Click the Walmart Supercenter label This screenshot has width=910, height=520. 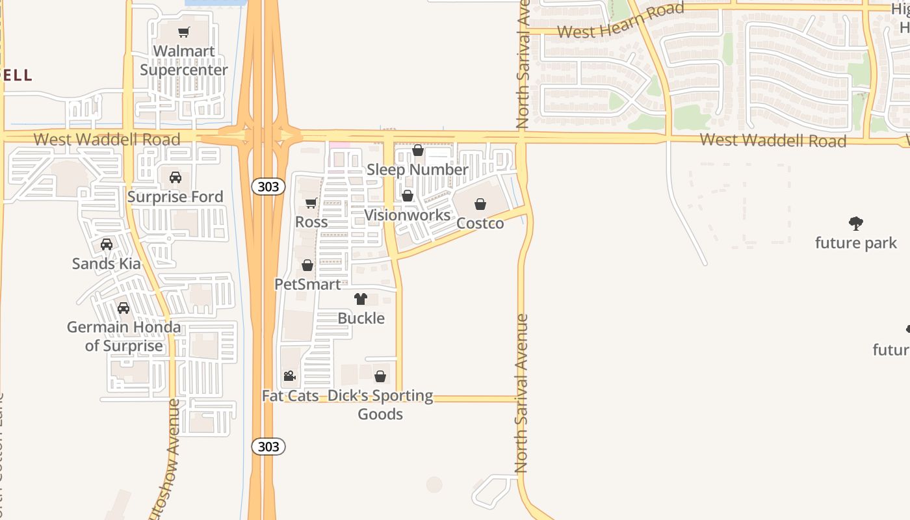pyautogui.click(x=184, y=60)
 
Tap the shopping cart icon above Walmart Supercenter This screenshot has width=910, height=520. pyautogui.click(x=184, y=32)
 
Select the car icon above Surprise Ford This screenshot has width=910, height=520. pyautogui.click(x=175, y=177)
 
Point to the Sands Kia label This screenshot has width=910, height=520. pyautogui.click(x=107, y=263)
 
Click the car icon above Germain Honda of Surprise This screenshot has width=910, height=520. pyautogui.click(x=123, y=308)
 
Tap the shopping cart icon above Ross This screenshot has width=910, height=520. pyautogui.click(x=311, y=203)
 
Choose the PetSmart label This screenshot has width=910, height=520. pyautogui.click(x=307, y=284)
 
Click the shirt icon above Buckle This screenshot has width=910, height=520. pyautogui.click(x=361, y=299)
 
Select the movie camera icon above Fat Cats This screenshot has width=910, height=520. pyautogui.click(x=290, y=376)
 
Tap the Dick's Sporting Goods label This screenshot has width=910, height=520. pyautogui.click(x=380, y=404)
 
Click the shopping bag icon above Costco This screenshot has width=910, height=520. pyautogui.click(x=480, y=205)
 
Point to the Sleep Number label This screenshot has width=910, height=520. pyautogui.click(x=417, y=170)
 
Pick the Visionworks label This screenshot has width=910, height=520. pyautogui.click(x=407, y=215)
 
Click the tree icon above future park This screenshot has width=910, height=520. pyautogui.click(x=856, y=224)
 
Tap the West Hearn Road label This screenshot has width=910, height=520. pyautogui.click(x=620, y=21)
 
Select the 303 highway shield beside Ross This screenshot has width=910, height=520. pyautogui.click(x=268, y=187)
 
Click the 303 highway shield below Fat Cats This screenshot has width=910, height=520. pyautogui.click(x=268, y=447)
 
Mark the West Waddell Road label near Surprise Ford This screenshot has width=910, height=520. pyautogui.click(x=107, y=139)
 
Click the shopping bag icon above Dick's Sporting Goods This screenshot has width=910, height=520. pyautogui.click(x=380, y=376)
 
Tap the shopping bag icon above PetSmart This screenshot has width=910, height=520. pyautogui.click(x=307, y=265)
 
